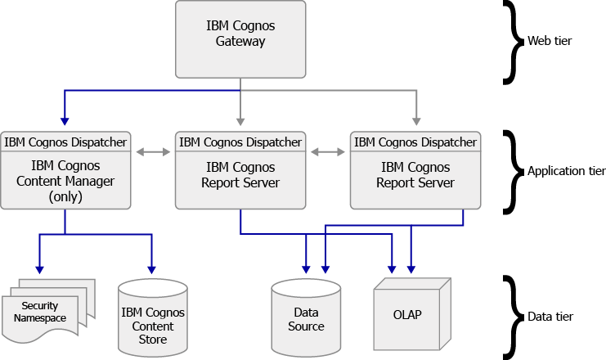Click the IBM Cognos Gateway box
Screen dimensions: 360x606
pos(240,38)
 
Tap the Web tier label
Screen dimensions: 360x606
pos(549,40)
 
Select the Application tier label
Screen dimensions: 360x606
pos(566,171)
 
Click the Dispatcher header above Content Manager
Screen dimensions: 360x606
pos(65,142)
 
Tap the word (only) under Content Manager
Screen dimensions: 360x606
pos(65,197)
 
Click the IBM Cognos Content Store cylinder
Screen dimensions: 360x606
pos(152,319)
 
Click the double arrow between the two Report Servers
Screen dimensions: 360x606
pos(328,151)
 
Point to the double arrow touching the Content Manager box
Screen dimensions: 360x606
pos(153,151)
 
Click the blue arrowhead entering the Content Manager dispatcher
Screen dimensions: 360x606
pos(65,124)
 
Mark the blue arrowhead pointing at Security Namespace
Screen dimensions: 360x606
pos(37,269)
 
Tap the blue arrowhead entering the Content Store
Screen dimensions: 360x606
pos(151,269)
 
